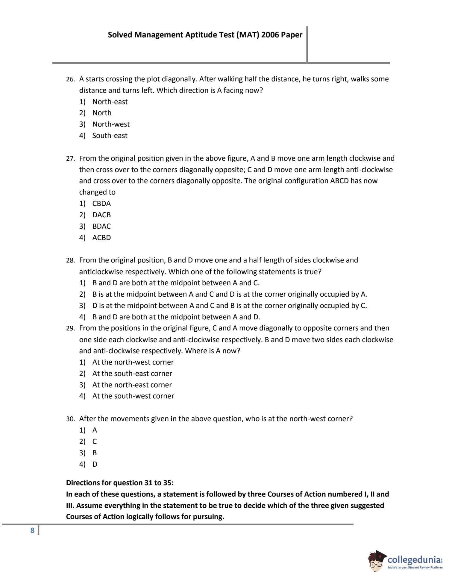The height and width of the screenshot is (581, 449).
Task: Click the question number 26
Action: pos(70,79)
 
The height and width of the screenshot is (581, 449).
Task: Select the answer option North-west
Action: pos(111,124)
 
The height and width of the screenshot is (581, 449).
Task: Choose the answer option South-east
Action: pos(110,136)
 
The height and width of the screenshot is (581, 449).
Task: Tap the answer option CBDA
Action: pos(101,204)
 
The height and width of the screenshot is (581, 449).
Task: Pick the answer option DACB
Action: pos(101,215)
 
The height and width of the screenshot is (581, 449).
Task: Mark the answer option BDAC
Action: pos(101,226)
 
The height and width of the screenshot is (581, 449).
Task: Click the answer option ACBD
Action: pos(101,238)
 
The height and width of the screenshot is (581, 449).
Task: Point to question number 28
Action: pos(70,260)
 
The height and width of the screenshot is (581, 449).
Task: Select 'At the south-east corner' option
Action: pos(132,374)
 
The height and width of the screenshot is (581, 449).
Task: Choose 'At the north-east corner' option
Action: pos(132,385)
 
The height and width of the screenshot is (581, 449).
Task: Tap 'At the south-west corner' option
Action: pos(133,396)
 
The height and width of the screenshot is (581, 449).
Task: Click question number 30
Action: pos(70,419)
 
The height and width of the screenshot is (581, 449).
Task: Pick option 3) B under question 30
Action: pos(95,453)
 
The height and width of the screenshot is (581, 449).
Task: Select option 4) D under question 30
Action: pos(95,464)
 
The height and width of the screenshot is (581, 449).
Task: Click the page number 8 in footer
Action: pos(32,531)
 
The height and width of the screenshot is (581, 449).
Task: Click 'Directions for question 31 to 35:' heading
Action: pos(120,483)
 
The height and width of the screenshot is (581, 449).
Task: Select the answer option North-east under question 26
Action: pos(110,102)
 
